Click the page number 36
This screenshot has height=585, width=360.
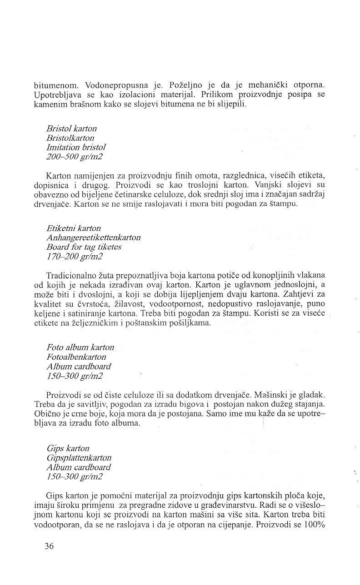pyautogui.click(x=49, y=546)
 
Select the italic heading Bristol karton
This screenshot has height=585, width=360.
pyautogui.click(x=71, y=129)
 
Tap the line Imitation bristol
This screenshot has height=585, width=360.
pyautogui.click(x=76, y=147)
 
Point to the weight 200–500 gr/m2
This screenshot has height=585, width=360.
pyautogui.click(x=75, y=156)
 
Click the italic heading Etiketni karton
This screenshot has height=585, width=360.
pyautogui.click(x=74, y=228)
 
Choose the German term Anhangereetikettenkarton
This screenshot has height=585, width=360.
pyautogui.click(x=93, y=238)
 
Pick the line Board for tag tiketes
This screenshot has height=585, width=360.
pyautogui.click(x=84, y=247)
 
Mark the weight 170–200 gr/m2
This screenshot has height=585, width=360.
pyautogui.click(x=75, y=256)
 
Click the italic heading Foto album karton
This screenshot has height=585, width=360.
pyautogui.click(x=80, y=347)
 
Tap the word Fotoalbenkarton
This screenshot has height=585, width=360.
pyautogui.click(x=76, y=357)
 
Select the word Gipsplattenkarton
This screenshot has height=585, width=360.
pyautogui.click(x=79, y=458)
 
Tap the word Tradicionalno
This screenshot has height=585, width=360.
pyautogui.click(x=73, y=275)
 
